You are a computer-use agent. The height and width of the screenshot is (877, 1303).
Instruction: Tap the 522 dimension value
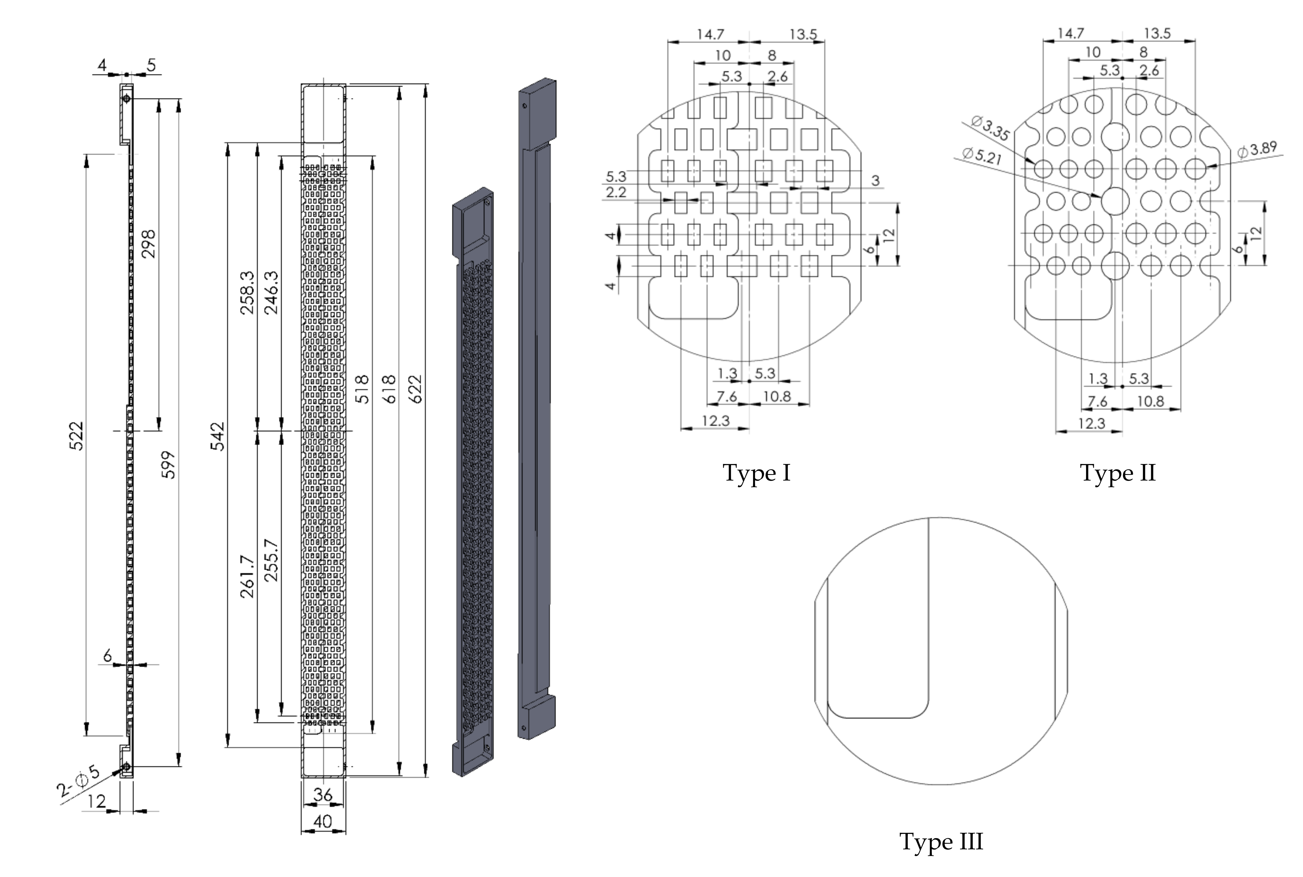pyautogui.click(x=76, y=436)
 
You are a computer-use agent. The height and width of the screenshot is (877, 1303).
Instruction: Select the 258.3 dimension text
pyautogui.click(x=247, y=293)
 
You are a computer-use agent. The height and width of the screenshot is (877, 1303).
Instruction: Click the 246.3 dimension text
pyautogui.click(x=271, y=293)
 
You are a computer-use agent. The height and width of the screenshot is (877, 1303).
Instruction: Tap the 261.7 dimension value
pyautogui.click(x=247, y=577)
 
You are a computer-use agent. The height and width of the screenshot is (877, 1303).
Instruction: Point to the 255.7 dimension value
pyautogui.click(x=271, y=561)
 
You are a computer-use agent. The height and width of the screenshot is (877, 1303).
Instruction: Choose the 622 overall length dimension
pyautogui.click(x=415, y=389)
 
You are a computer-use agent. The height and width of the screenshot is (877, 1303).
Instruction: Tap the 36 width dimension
pyautogui.click(x=323, y=794)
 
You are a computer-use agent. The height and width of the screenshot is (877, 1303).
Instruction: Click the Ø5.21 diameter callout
pyautogui.click(x=982, y=156)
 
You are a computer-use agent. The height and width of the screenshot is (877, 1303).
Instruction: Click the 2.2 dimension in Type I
pyautogui.click(x=616, y=192)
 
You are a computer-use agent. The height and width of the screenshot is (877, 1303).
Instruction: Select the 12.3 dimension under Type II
pyautogui.click(x=1092, y=423)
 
